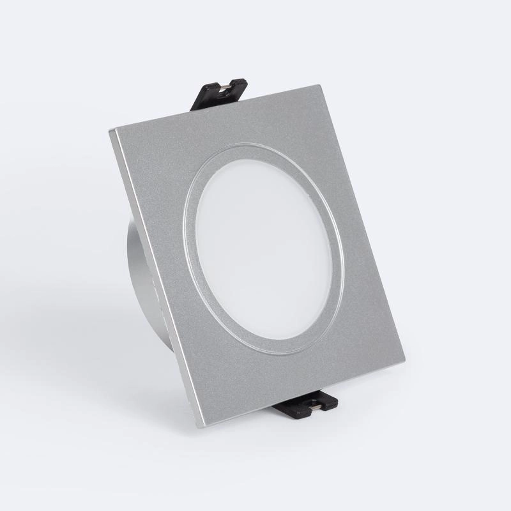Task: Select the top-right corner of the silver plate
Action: coord(320,86)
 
